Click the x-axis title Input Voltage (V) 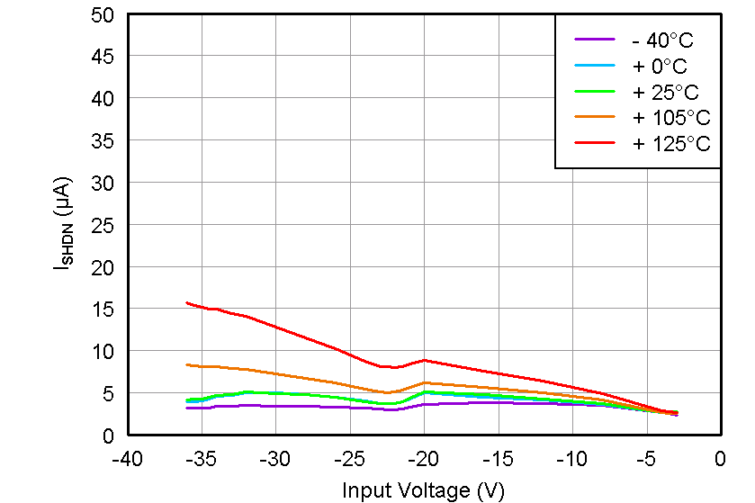(x=423, y=490)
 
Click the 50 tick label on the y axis (x=103, y=15)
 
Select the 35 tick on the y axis (x=103, y=140)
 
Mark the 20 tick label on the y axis (x=103, y=266)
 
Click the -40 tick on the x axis (x=127, y=460)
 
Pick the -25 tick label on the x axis (x=349, y=460)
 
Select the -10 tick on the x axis (x=571, y=460)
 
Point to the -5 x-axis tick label (x=645, y=460)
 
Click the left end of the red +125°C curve (x=187, y=302)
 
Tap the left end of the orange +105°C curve (x=187, y=364)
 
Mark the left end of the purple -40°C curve (x=187, y=408)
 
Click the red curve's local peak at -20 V (x=424, y=360)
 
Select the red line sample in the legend (x=595, y=143)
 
